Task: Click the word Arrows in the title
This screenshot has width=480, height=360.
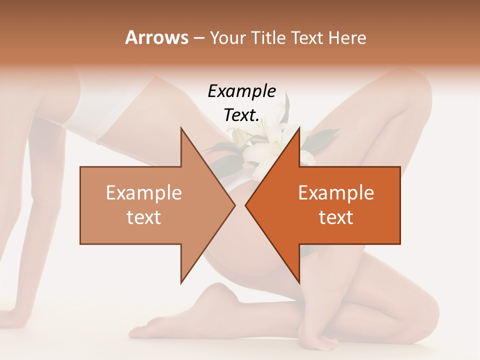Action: click(156, 37)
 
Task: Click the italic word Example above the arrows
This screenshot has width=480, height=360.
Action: click(241, 91)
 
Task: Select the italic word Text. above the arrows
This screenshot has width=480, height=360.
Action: click(241, 115)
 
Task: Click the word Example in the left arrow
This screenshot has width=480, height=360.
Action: click(144, 193)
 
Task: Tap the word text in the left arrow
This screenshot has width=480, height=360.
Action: click(144, 217)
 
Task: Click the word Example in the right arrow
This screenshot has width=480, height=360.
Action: click(336, 193)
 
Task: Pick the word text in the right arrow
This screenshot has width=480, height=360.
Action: click(336, 217)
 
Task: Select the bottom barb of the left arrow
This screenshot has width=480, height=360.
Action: click(182, 280)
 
